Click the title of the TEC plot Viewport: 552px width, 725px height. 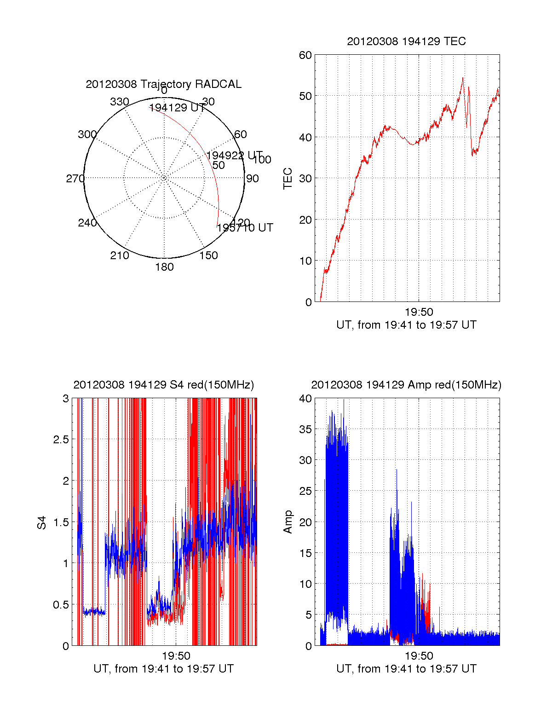click(406, 41)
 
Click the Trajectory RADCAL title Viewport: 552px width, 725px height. click(163, 84)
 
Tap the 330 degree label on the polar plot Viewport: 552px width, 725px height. click(120, 102)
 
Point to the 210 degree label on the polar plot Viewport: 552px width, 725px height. click(120, 255)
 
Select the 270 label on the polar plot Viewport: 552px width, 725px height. click(75, 179)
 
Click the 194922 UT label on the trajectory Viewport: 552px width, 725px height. click(235, 156)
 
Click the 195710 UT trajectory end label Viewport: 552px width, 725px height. click(245, 228)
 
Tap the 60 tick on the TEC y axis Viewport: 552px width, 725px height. click(305, 55)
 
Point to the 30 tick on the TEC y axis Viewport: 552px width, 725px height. click(305, 179)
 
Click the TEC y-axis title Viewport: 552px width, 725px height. click(288, 179)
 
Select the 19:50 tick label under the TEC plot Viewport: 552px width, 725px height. click(419, 312)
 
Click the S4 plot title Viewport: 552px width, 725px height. click(163, 385)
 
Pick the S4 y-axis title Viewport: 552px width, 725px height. click(42, 522)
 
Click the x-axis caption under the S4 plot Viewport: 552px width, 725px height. click(163, 669)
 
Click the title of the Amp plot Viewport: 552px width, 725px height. click(406, 385)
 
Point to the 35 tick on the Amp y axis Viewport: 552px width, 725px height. click(305, 429)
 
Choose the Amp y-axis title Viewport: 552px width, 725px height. click(288, 522)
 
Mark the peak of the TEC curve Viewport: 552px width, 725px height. click(463, 78)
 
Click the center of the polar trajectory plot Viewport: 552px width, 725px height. click(164, 178)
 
